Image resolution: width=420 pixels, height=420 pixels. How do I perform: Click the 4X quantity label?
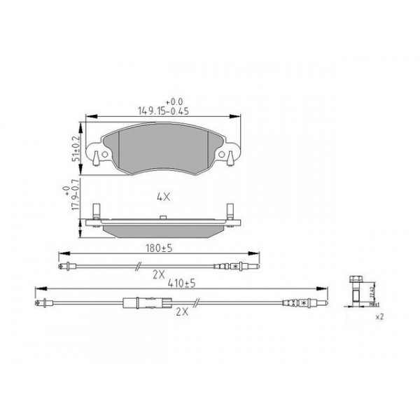coord(163,197)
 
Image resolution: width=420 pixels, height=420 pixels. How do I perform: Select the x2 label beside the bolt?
coord(379,317)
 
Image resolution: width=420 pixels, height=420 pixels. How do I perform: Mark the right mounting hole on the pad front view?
coord(227,154)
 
